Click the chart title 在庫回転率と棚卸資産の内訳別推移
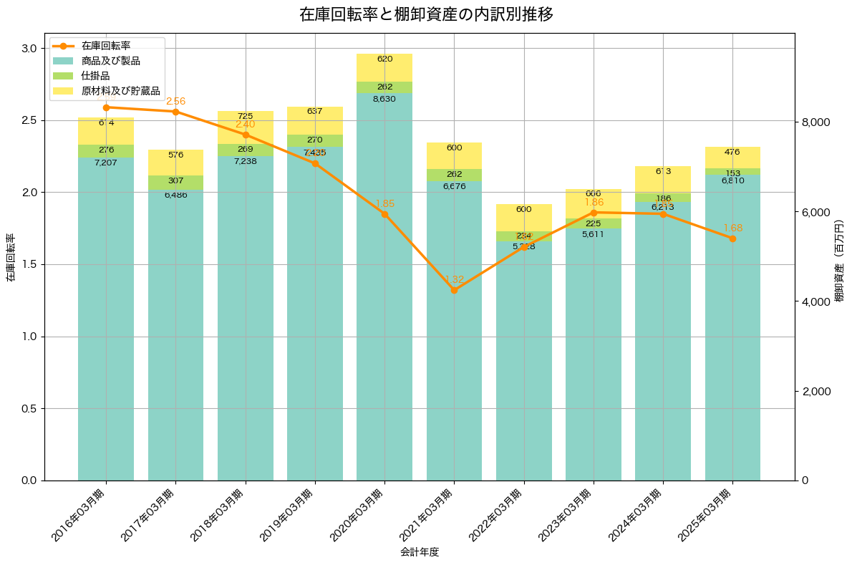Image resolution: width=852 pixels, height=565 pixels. click(426, 14)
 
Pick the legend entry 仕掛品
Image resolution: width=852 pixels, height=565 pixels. click(95, 76)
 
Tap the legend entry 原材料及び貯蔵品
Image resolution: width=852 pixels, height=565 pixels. click(115, 91)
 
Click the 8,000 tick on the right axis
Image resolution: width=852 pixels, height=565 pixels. click(815, 122)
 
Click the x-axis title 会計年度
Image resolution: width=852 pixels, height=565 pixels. click(420, 552)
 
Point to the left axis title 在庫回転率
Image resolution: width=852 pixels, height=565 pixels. click(11, 258)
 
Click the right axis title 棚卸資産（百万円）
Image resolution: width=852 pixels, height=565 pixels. click(839, 258)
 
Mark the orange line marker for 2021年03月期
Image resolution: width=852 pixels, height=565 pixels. click(455, 290)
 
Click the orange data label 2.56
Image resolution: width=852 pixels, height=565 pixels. click(175, 102)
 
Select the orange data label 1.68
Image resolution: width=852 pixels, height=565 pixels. click(732, 228)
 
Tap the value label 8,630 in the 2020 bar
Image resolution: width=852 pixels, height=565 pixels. click(384, 99)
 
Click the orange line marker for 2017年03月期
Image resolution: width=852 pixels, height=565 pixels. click(175, 112)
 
